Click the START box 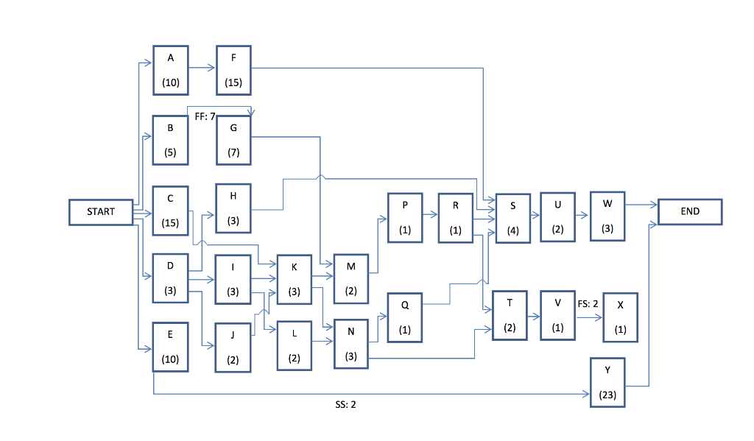[101, 212]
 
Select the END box [690, 211]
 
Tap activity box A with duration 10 [171, 70]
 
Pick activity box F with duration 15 [233, 70]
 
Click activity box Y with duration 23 [608, 382]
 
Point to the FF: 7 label [205, 116]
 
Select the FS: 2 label [588, 303]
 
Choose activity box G [233, 140]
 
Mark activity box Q [405, 317]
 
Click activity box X [620, 317]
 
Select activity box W [607, 216]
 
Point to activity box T [510, 315]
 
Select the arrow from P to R [430, 216]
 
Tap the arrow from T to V [535, 317]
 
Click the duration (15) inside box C [171, 222]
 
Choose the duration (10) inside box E [171, 359]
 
